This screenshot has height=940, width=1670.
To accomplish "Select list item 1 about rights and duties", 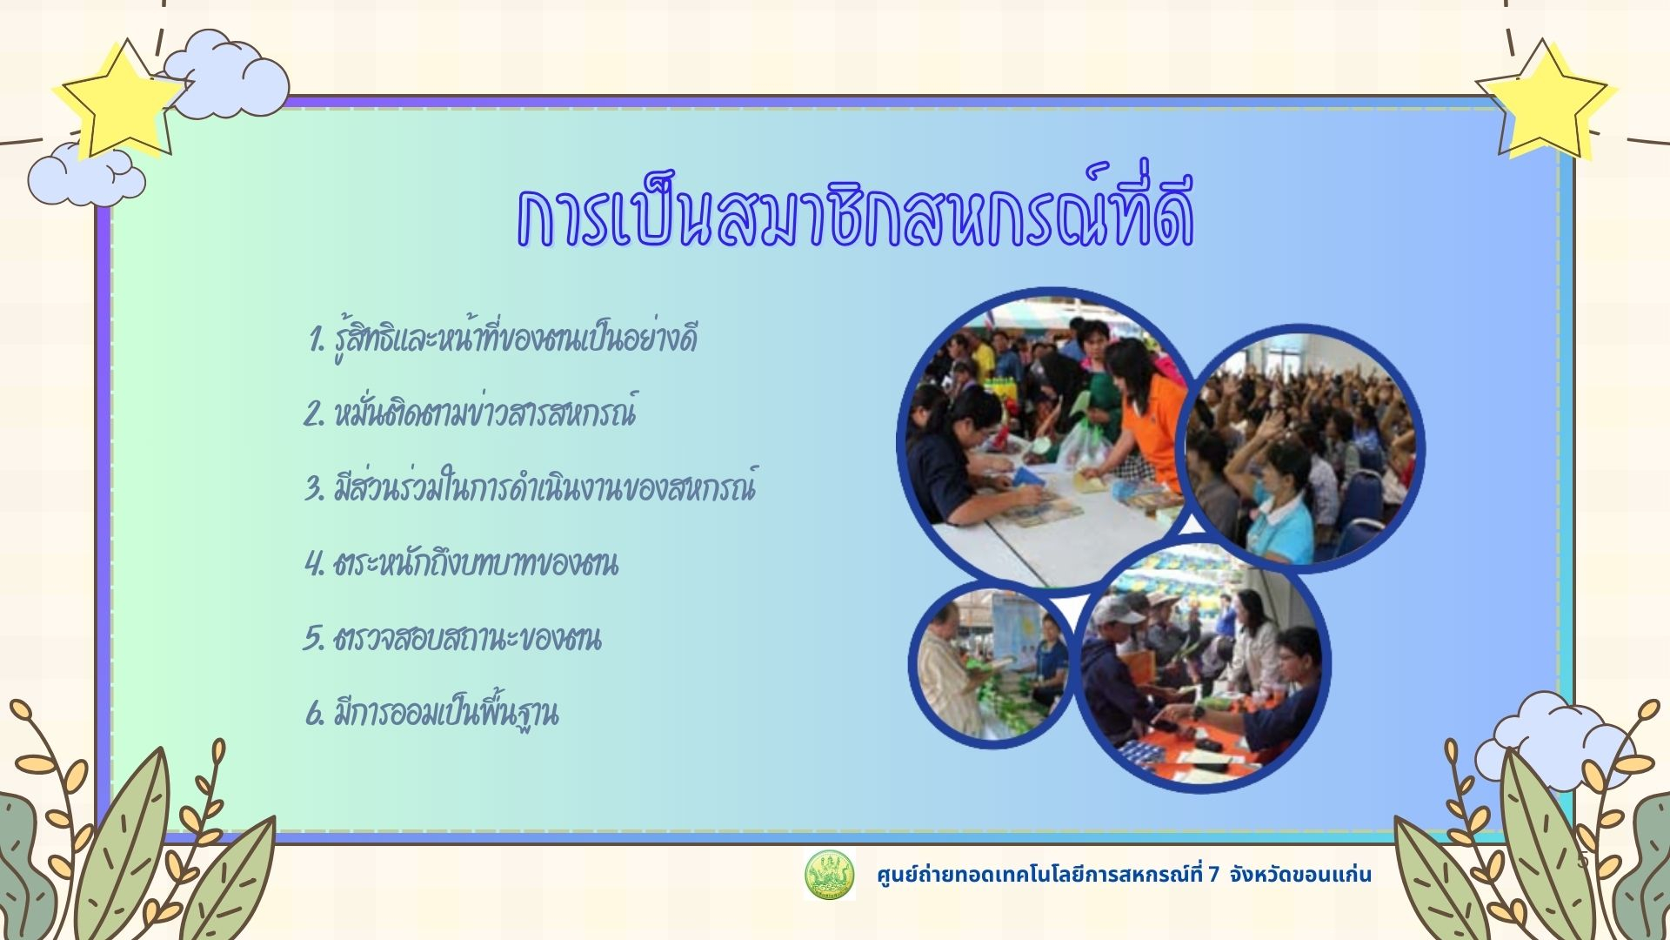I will click(503, 339).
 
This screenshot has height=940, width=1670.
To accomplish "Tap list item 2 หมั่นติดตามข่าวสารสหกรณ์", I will click(470, 413).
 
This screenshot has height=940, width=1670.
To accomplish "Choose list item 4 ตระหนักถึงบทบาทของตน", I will click(461, 563).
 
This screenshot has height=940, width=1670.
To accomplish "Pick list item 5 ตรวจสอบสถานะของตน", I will click(452, 638).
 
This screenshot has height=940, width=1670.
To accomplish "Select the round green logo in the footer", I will click(829, 875).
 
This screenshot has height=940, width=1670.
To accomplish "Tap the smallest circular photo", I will click(992, 666).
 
